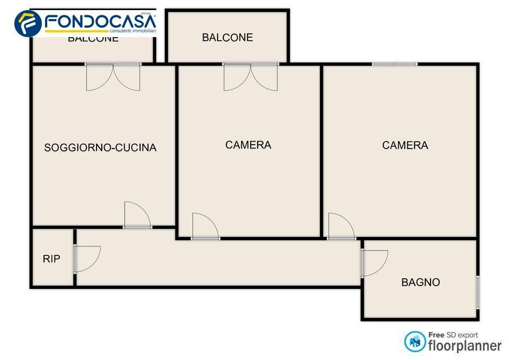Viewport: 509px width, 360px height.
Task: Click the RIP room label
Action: click(51, 259)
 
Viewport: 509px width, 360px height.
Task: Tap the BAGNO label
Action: click(420, 282)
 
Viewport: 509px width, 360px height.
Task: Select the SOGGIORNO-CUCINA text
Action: click(100, 147)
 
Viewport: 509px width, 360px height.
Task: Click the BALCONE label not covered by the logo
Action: click(227, 37)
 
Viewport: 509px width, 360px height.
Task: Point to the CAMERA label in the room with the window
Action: click(405, 145)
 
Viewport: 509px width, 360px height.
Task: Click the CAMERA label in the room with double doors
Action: click(248, 145)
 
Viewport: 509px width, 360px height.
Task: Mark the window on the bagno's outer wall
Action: click(478, 292)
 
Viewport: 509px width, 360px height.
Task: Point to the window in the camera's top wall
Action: click(394, 64)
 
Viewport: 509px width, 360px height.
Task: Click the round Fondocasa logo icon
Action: click(28, 24)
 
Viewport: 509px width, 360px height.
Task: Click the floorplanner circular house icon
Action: click(415, 341)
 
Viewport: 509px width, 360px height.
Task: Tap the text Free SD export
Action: click(453, 335)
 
